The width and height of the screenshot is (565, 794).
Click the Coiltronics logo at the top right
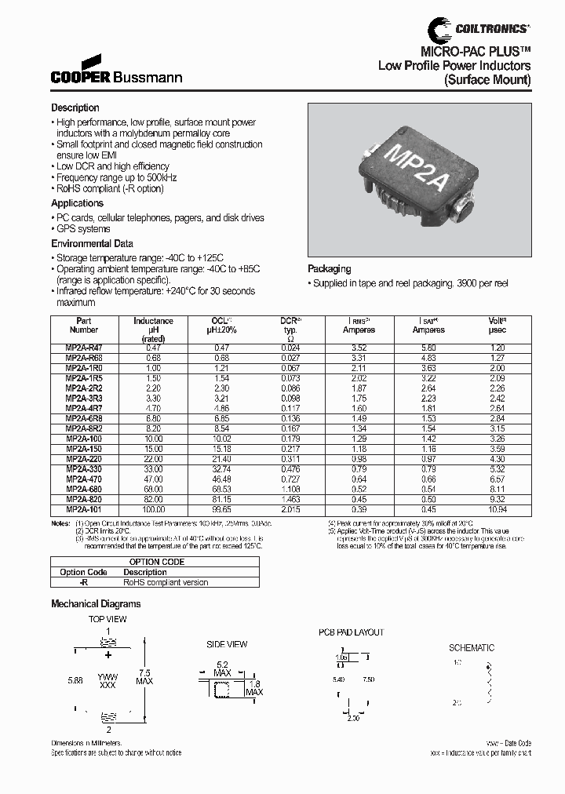tap(479, 29)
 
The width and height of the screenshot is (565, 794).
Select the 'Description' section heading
tap(75, 107)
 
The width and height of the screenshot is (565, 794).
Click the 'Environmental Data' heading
tap(92, 244)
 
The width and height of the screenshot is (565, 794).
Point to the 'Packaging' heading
tap(329, 269)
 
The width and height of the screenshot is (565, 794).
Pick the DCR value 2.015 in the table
tap(290, 509)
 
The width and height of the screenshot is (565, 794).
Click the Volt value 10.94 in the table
tap(498, 509)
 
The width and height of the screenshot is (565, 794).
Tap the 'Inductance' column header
tap(153, 321)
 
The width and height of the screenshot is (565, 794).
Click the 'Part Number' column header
tap(84, 325)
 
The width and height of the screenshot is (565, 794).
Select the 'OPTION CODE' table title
tap(157, 562)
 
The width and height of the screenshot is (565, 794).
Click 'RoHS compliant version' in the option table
tap(166, 583)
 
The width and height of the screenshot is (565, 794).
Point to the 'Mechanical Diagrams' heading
tap(96, 604)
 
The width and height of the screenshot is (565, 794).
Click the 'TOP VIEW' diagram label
tap(108, 620)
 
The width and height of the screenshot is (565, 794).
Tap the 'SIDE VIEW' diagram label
tap(227, 644)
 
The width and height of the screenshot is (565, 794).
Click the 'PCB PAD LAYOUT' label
tap(351, 632)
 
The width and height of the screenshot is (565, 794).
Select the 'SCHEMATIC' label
tap(471, 648)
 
